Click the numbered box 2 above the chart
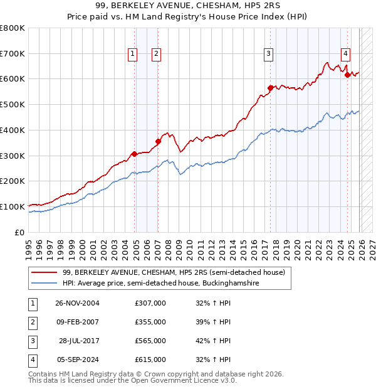click(155, 55)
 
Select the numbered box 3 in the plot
click(268, 55)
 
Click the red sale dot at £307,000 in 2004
click(134, 154)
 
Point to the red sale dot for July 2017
click(271, 88)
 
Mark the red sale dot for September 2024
click(348, 75)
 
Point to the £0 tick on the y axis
click(19, 232)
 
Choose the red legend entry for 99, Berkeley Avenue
click(174, 272)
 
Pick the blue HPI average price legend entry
click(160, 284)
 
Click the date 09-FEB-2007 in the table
click(77, 321)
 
